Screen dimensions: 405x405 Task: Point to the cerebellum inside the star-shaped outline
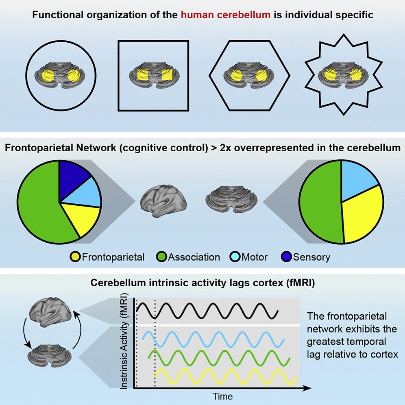coord(344,76)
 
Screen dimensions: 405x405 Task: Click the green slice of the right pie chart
coord(321,203)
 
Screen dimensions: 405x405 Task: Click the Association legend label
coord(194,257)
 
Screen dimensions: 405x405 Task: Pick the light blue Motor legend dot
coord(237,257)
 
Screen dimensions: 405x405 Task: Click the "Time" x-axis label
coord(222,396)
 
